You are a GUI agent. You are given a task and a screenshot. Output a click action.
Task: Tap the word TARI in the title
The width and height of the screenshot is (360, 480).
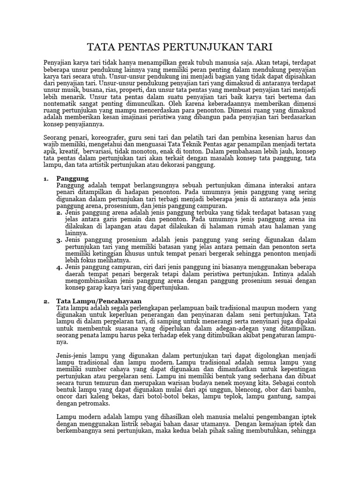click(x=259, y=47)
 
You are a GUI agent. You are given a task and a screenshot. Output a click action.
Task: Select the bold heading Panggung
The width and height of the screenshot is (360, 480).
click(x=72, y=179)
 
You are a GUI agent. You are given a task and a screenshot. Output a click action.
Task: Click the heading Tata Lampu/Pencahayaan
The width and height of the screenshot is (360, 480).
click(x=98, y=300)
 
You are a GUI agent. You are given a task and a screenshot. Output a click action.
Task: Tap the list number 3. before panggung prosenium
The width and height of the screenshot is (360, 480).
click(x=60, y=240)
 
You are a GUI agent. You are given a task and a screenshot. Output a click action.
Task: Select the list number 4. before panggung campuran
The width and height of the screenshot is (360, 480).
click(x=60, y=267)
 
